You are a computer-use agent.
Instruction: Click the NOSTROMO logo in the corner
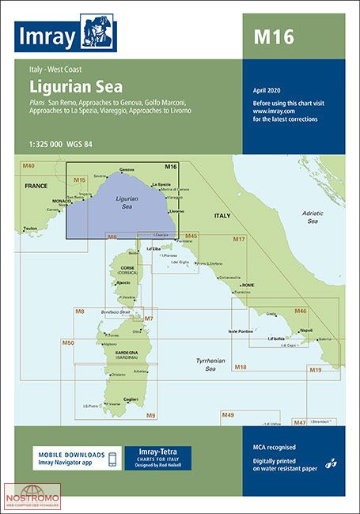tap(32, 500)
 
